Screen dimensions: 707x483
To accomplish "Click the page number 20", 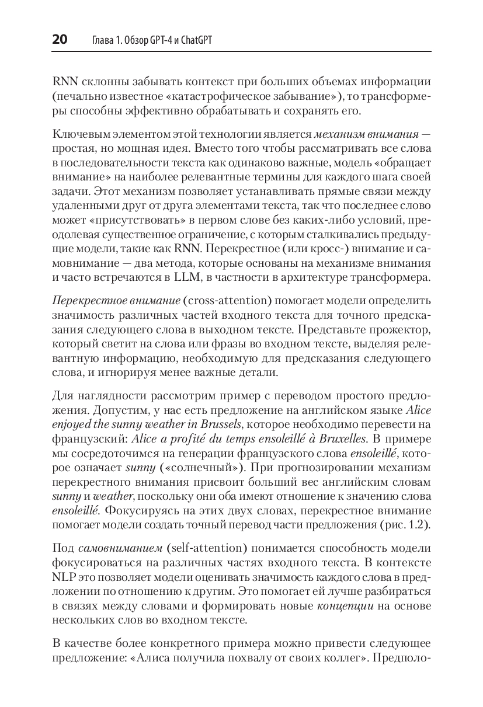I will [x=60, y=40].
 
